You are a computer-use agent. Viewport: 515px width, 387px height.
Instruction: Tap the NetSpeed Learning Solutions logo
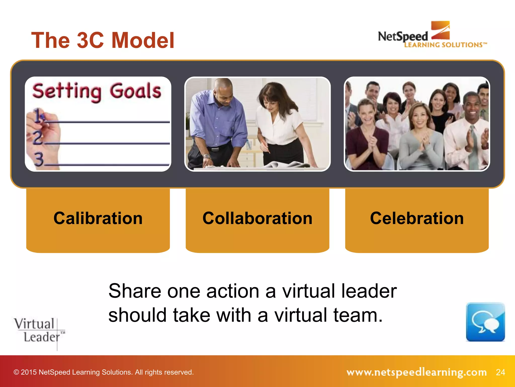[x=432, y=35]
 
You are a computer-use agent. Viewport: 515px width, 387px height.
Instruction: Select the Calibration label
[x=98, y=218]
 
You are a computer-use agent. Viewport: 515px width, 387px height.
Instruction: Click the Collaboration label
[x=257, y=218]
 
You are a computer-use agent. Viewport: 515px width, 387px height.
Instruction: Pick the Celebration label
[x=417, y=218]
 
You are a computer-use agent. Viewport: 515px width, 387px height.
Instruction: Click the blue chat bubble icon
[x=485, y=322]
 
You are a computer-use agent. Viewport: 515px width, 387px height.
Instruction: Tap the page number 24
[x=500, y=372]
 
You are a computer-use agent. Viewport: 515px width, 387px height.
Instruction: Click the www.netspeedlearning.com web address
[x=416, y=372]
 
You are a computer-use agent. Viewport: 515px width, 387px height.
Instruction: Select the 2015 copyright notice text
[x=103, y=372]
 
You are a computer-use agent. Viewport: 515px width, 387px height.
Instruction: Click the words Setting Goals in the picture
[x=97, y=91]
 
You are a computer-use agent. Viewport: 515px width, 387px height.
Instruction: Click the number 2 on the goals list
[x=38, y=138]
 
